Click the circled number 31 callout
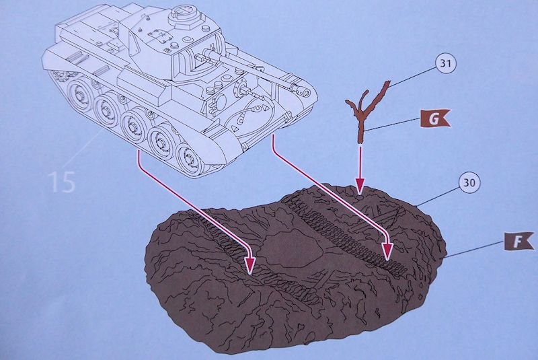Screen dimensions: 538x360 (445, 63)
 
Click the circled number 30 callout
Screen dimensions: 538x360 (469, 182)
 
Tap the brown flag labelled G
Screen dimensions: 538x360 (434, 118)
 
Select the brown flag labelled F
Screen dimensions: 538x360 (518, 242)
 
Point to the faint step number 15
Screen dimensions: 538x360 (63, 182)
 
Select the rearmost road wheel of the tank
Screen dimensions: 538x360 (81, 96)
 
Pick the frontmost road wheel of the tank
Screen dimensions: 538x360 (189, 159)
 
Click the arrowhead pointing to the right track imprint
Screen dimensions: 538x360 (388, 252)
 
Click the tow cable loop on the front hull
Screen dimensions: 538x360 (246, 112)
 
